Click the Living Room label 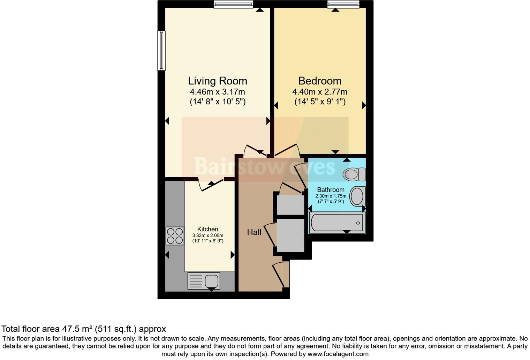click(x=218, y=81)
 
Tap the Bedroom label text click(x=320, y=81)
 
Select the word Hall click(x=254, y=232)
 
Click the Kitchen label click(x=208, y=229)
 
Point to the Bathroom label click(x=331, y=190)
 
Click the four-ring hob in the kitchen click(x=175, y=236)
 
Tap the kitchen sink click(x=204, y=281)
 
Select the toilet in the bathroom click(x=354, y=174)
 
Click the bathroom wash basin click(x=357, y=196)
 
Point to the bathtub click(x=337, y=223)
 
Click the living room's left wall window click(x=161, y=51)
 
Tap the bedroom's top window click(x=343, y=4)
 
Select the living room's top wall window click(x=233, y=4)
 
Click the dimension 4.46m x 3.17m click(x=218, y=92)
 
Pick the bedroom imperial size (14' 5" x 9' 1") click(x=320, y=102)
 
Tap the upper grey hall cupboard click(x=290, y=205)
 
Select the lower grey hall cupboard click(x=290, y=235)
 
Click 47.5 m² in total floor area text click(x=77, y=329)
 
